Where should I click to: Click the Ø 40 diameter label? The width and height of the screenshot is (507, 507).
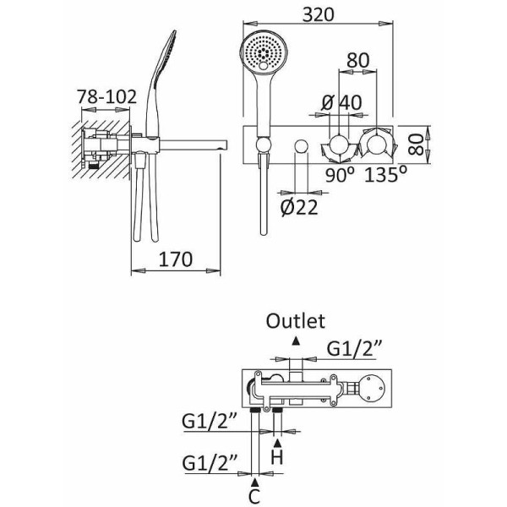[341, 101]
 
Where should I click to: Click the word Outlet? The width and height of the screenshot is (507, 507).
[295, 320]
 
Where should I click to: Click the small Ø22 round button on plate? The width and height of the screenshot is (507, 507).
[298, 149]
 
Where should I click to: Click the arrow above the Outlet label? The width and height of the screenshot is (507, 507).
[295, 339]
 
